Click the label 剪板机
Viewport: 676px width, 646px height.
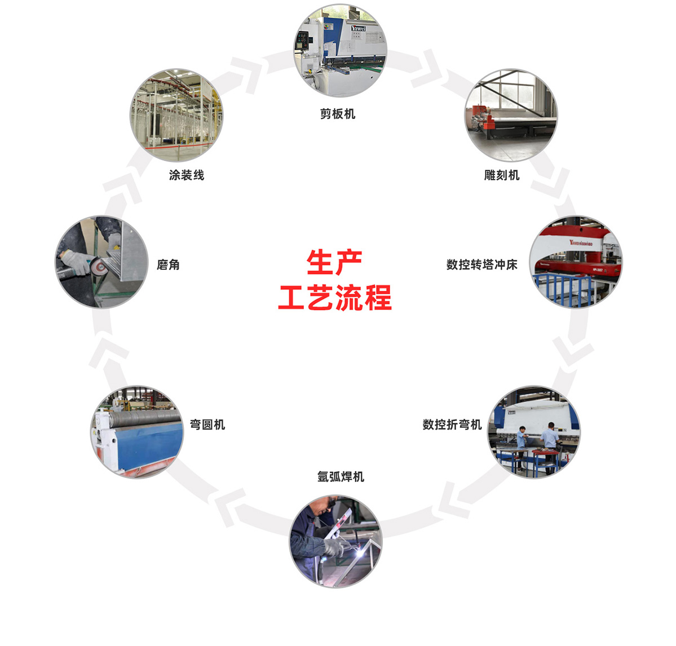[338, 114]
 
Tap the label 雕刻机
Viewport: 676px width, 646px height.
[501, 175]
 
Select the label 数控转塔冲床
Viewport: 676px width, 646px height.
[481, 264]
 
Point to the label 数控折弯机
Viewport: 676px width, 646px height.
[452, 424]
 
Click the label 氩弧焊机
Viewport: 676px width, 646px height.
[341, 477]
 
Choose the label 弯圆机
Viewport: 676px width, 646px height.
[207, 424]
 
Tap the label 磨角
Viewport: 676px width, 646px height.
[168, 264]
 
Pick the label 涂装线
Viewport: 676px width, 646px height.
[186, 175]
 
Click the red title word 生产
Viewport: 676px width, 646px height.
[334, 263]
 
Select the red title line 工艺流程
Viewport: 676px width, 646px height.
[334, 298]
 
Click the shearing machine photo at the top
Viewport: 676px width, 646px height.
[340, 50]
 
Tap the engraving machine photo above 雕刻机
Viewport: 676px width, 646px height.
[511, 116]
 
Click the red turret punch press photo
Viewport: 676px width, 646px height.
[576, 262]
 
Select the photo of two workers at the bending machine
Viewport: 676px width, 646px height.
[534, 432]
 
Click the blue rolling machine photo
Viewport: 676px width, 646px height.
[136, 432]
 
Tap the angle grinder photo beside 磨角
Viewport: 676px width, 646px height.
[101, 262]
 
